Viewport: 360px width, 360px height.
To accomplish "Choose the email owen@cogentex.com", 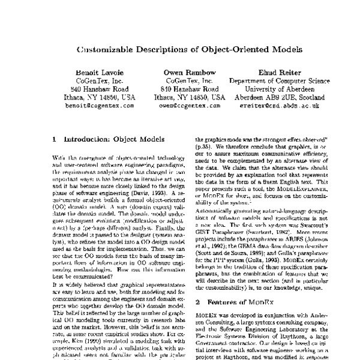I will tap(190, 105).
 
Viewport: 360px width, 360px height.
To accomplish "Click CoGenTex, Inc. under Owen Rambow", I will tap(190, 79).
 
